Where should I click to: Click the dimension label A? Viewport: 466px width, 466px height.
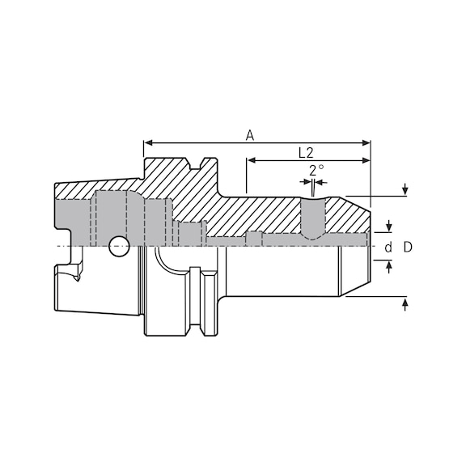[250, 136]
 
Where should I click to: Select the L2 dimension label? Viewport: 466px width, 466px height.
[306, 152]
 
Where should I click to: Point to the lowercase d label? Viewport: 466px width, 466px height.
[388, 247]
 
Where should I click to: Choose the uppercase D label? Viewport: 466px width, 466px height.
[408, 247]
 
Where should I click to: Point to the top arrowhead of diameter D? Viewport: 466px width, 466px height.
[405, 193]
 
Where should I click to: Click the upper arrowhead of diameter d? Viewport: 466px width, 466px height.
[389, 227]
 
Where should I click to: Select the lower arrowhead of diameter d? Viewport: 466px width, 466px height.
[389, 265]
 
